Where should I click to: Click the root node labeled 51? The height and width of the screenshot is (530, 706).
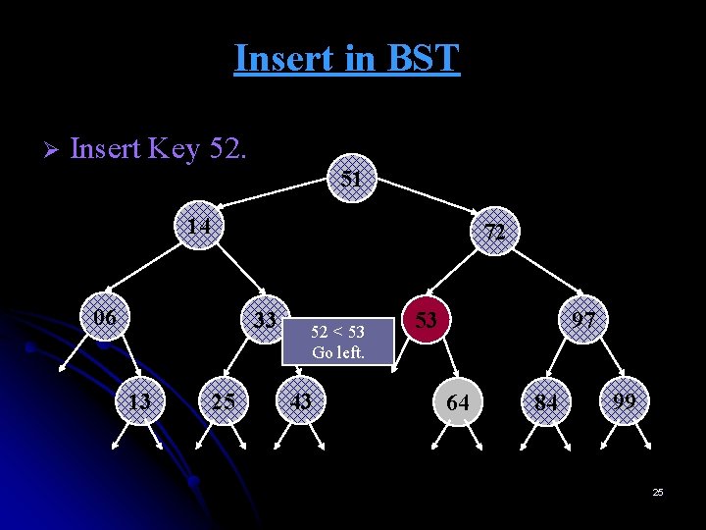(x=352, y=179)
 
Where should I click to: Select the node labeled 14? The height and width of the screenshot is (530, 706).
(x=201, y=227)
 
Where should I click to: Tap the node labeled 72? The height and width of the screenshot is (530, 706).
(x=495, y=233)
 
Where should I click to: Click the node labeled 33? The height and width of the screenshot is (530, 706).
(x=264, y=320)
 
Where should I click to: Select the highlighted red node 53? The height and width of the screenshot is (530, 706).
(x=425, y=320)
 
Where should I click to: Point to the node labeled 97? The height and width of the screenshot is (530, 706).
(x=584, y=320)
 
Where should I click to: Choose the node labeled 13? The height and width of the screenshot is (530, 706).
(x=140, y=400)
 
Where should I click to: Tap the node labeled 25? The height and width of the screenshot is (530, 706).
(x=223, y=400)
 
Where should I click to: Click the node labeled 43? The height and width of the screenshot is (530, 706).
(x=301, y=400)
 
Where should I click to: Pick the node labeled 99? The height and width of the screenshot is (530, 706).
(x=625, y=400)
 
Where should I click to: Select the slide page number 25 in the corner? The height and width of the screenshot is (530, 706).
(x=658, y=492)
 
